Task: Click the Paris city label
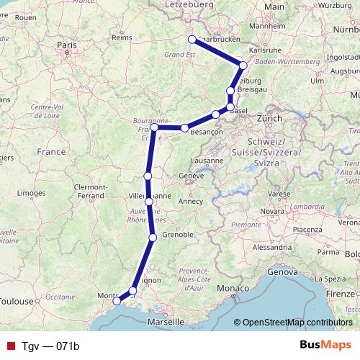[x=66, y=44]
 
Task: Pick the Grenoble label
[x=177, y=235]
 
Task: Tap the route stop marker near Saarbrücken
[x=192, y=40]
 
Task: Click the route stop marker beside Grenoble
[x=153, y=238]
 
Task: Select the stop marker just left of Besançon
[x=185, y=128]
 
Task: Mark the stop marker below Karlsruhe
[x=243, y=66]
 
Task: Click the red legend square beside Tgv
[x=10, y=346]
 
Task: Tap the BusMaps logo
[x=328, y=346]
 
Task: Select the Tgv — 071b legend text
[x=50, y=346]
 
